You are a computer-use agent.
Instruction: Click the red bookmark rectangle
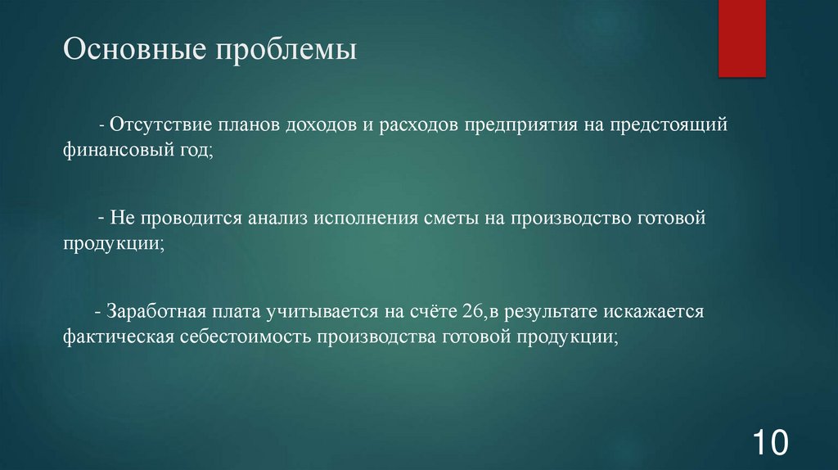click(741, 38)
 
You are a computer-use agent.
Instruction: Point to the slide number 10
click(769, 443)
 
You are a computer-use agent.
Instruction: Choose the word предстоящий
click(663, 127)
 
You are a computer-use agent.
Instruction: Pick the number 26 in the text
click(471, 312)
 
